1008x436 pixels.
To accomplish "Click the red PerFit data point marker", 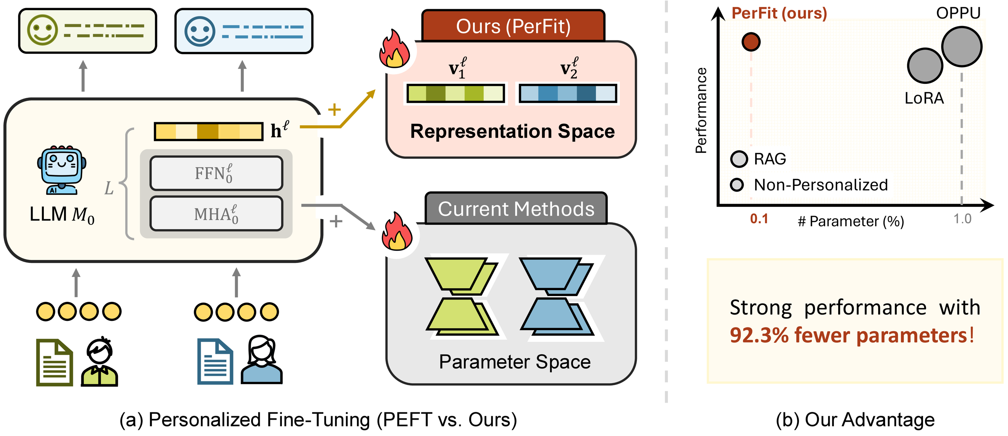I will pos(751,42).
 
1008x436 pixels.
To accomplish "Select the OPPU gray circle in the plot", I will pos(961,46).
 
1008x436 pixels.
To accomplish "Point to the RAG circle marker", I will pos(739,159).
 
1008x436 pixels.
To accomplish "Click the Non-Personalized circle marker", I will pos(737,185).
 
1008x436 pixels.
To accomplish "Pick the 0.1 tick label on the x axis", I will pos(759,219).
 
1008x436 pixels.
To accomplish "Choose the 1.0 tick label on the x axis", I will pos(962,219).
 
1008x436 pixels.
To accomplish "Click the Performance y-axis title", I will pos(701,111).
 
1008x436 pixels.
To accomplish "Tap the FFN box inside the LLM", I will pos(216,173).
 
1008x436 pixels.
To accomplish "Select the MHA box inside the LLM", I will pos(216,214).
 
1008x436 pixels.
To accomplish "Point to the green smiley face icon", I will pos(42,30).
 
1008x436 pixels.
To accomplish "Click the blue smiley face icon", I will pos(200,31).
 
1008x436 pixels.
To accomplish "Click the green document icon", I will pos(54,362).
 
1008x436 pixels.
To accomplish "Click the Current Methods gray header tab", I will pos(516,209).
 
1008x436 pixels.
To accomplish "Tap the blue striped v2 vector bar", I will pos(568,93).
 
